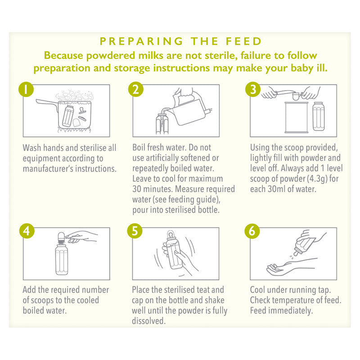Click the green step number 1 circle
tap(26, 89)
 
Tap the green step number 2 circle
tap(136, 89)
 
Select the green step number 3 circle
tap(253, 89)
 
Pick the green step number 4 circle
tap(27, 231)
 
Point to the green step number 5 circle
tap(135, 231)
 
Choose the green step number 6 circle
tap(252, 231)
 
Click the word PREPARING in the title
tap(141, 41)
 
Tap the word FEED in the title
tap(243, 41)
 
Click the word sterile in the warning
tap(221, 55)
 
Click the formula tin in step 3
tap(297, 117)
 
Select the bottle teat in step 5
tap(170, 235)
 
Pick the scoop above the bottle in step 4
tap(62, 237)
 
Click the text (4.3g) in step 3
tap(317, 179)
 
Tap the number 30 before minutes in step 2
tap(137, 189)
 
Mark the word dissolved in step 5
tap(148, 321)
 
